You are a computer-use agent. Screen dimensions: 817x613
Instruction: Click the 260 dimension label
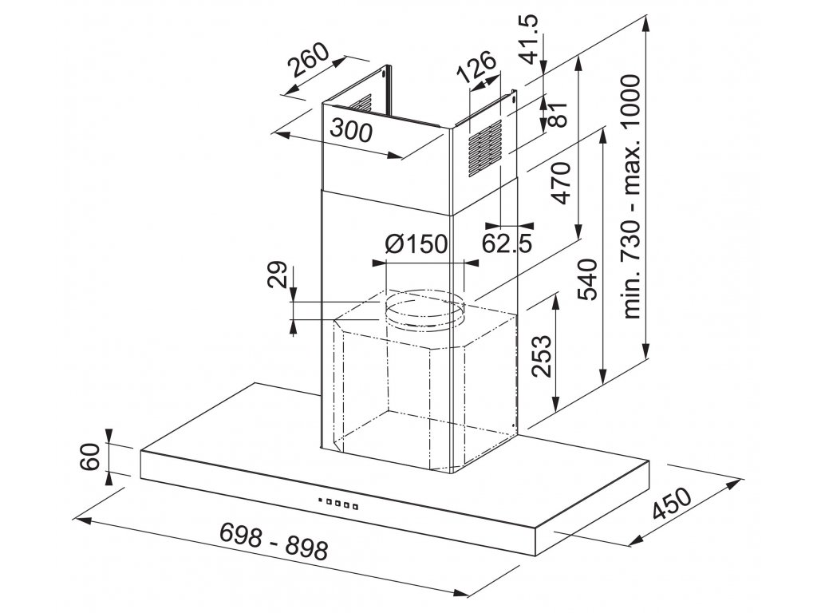click(310, 60)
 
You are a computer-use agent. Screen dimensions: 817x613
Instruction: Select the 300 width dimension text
click(351, 130)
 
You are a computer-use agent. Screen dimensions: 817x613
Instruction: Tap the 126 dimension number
click(476, 65)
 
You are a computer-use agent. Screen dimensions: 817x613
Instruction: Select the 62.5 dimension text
click(507, 243)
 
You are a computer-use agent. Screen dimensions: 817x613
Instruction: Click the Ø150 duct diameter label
click(416, 243)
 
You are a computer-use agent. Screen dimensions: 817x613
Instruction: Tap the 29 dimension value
click(277, 275)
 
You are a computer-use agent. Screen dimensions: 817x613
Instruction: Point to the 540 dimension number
click(588, 279)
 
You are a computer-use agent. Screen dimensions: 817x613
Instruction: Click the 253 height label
click(541, 356)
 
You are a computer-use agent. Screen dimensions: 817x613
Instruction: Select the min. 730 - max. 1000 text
click(631, 196)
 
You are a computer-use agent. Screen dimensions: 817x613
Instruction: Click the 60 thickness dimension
click(91, 457)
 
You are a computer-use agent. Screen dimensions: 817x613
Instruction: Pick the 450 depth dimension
click(672, 504)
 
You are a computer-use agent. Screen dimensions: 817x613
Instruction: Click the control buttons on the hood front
click(337, 504)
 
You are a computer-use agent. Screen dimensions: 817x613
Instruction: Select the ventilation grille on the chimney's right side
click(484, 148)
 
